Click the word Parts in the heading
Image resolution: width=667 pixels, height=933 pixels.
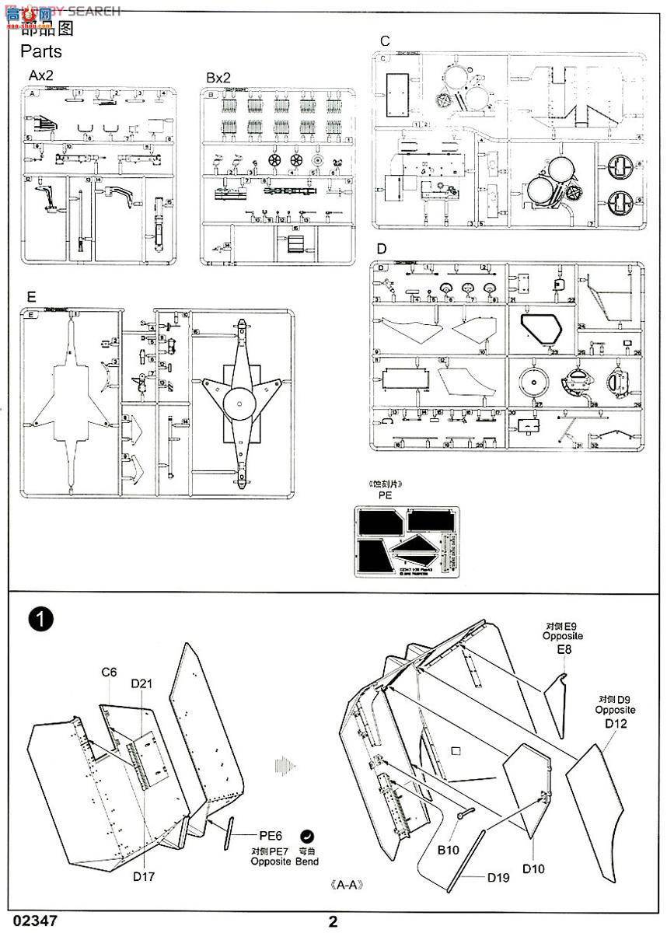pos(40,52)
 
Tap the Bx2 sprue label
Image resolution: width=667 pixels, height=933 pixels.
pos(218,78)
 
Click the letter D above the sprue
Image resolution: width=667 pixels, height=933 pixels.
pos(381,249)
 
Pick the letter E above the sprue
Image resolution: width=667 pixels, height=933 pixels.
pos(30,298)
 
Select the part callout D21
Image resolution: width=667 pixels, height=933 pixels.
pos(142,683)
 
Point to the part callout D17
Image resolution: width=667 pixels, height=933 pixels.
pos(143,877)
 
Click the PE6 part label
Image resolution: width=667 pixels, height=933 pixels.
pos(271,836)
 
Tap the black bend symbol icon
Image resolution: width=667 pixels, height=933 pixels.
pos(308,836)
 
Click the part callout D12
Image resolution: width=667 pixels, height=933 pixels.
pos(615,723)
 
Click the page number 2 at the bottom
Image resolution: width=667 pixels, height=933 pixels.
pos(333,922)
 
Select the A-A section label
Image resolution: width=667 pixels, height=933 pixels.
pos(347,885)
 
